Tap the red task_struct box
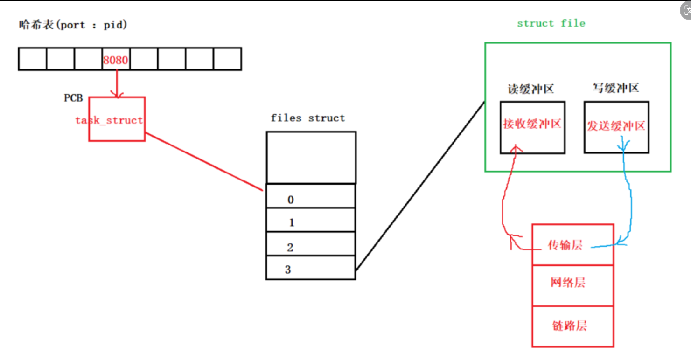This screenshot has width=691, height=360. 117,119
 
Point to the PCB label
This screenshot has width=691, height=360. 73,98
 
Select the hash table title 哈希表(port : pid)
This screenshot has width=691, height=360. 72,25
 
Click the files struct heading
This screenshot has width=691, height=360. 308,118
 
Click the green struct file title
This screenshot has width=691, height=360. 551,23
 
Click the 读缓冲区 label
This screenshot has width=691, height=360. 531,89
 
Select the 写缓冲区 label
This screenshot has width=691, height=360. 616,88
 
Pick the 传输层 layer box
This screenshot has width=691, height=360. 573,245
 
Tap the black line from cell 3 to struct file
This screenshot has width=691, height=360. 420,187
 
